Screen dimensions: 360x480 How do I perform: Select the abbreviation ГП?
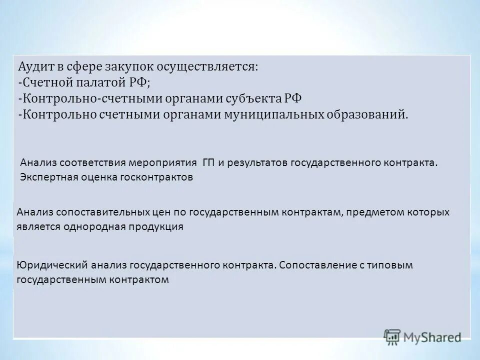(208, 163)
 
